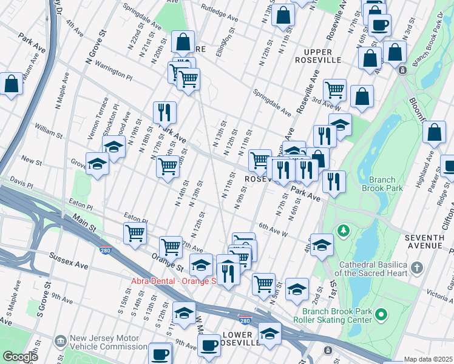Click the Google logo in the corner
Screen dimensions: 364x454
coord(19,357)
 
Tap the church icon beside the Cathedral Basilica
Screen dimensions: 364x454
coord(417,268)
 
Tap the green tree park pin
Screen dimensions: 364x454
coord(344,231)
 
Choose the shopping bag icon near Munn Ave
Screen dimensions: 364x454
coord(12,85)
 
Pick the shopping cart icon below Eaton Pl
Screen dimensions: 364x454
coord(135,233)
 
